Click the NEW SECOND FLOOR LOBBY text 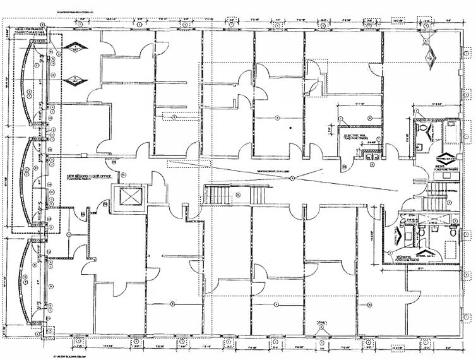point(272,171)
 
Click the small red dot point(290,129)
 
